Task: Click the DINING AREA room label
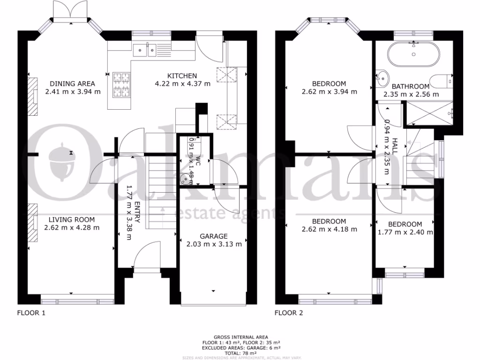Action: (73, 84)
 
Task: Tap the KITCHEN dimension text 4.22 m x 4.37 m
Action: (182, 84)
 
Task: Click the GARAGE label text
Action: (214, 236)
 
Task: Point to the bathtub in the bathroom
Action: (413, 53)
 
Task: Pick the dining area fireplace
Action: (32, 96)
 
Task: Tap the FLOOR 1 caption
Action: (31, 313)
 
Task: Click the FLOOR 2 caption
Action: (288, 313)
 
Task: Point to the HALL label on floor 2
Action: (394, 146)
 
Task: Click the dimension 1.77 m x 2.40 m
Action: (405, 232)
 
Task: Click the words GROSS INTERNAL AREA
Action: (241, 337)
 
